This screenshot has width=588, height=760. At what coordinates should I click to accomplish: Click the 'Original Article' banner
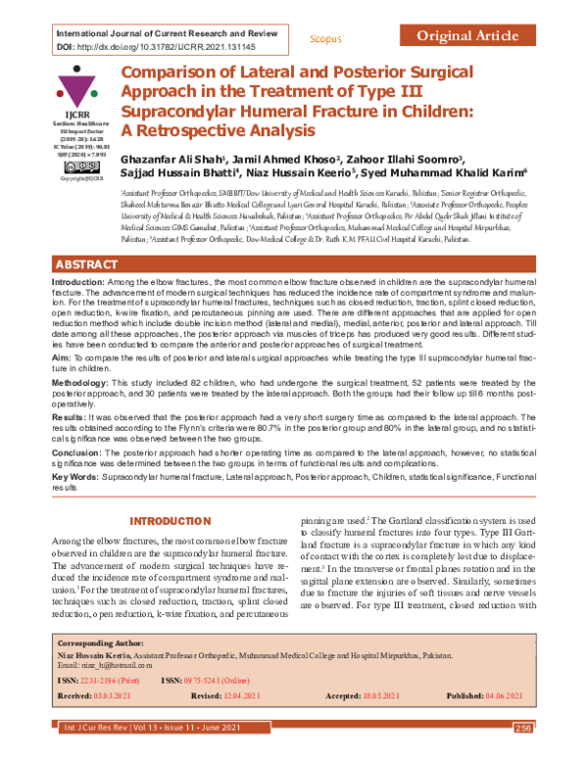coord(466,36)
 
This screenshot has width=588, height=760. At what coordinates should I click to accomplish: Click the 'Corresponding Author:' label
coord(100,648)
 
